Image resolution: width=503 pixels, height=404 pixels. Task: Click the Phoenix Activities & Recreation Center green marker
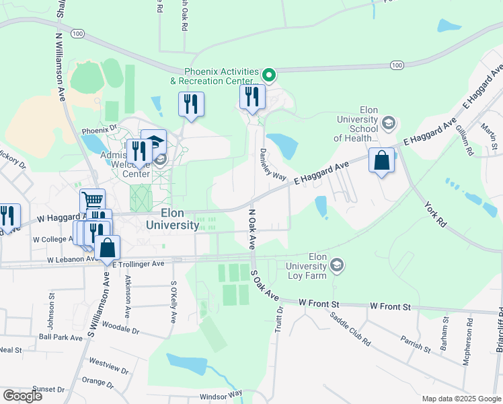[269, 75]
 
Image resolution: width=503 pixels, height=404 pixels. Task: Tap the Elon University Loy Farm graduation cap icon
[337, 266]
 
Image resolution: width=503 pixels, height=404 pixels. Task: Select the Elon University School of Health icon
[388, 123]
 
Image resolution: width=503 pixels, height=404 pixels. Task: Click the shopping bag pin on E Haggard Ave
[381, 161]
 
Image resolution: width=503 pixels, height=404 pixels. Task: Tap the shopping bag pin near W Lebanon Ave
[107, 247]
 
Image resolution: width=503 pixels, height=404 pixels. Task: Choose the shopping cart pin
[92, 200]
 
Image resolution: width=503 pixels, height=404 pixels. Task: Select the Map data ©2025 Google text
[461, 399]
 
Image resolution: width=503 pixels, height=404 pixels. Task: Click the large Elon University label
[171, 220]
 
